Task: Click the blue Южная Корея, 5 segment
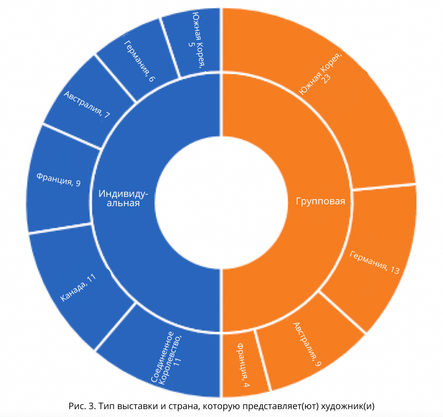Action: point(195,42)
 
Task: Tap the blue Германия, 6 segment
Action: point(138,60)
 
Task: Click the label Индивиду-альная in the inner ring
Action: point(123,198)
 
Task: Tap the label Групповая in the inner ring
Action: point(320,201)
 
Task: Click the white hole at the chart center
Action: point(221,202)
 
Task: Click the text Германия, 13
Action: point(375,263)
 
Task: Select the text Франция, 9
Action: point(59,180)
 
